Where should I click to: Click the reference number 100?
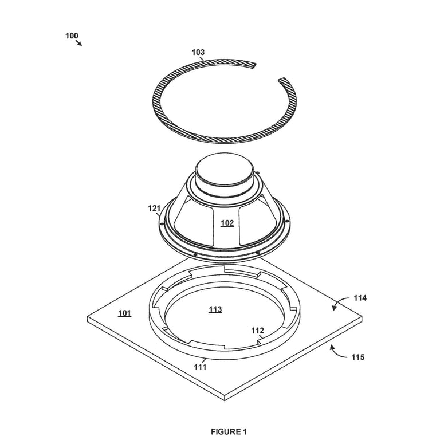coord(72,36)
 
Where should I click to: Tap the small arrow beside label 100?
coord(79,42)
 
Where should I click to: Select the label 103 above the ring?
coord(198,52)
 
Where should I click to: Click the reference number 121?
coord(154,208)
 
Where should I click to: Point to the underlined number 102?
coord(227,223)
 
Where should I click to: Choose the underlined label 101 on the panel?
coord(124,313)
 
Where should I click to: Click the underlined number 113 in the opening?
coord(215,309)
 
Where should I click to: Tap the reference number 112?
coord(257,331)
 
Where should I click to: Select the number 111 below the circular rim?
coord(200,367)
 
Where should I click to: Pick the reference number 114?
coord(360,298)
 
